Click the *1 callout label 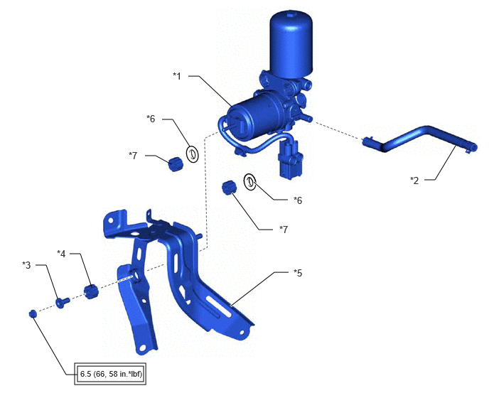point(177,76)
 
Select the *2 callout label point(414,180)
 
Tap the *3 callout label point(26,265)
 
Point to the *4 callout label point(61,254)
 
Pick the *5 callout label point(298,273)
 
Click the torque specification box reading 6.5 point(110,374)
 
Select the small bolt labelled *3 point(63,302)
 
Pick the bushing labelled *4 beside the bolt point(91,291)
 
